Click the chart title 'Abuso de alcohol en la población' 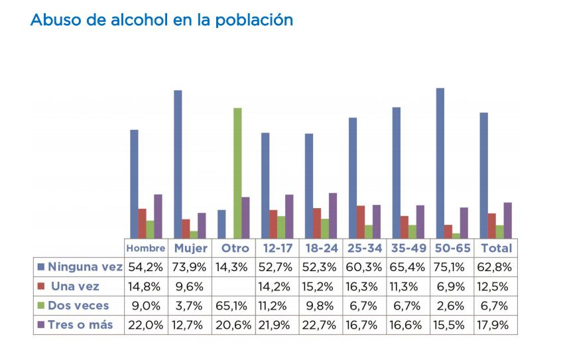point(162,20)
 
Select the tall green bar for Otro point(237,172)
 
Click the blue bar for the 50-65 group point(440,162)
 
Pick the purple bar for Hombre point(158,216)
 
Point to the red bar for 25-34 point(361,221)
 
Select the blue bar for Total point(484,175)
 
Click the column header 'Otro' point(235,248)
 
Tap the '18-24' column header point(321,248)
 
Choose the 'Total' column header point(496,248)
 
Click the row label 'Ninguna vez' point(85,267)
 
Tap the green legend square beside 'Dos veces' point(41,306)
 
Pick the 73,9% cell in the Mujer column point(190,267)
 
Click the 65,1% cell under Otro point(234,306)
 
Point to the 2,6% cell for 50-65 point(452,306)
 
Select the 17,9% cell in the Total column point(496,325)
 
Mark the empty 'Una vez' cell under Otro point(234,286)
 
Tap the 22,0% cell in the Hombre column point(146,325)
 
